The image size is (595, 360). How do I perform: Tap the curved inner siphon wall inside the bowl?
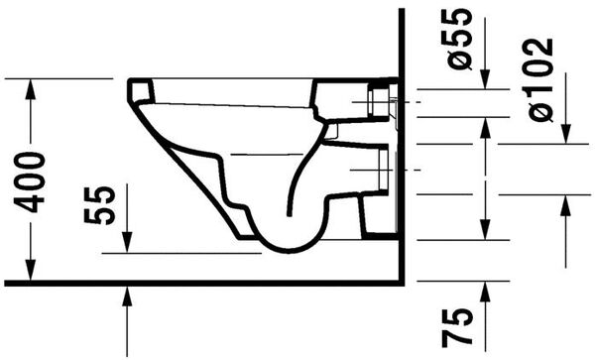click(301, 179)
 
